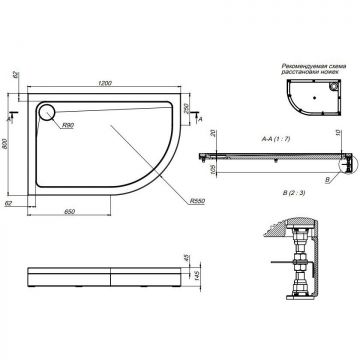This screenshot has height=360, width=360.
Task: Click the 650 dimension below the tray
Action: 65,213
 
